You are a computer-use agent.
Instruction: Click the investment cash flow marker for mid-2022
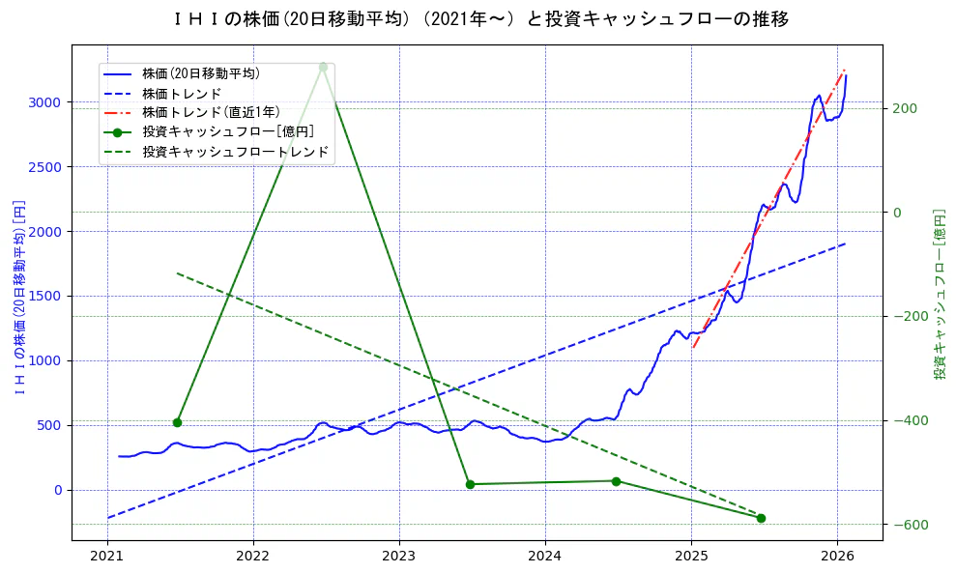coord(323,67)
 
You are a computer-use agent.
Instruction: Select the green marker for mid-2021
coord(177,422)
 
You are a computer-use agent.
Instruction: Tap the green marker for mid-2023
coord(470,484)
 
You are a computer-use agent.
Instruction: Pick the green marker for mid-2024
coord(616,481)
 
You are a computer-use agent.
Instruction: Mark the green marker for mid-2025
coord(761,518)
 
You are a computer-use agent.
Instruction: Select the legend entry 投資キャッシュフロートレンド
coord(235,152)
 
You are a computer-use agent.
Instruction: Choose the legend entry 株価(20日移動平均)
coord(200,72)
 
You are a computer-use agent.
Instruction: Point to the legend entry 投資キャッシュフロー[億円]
coord(227,131)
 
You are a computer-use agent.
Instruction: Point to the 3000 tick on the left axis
coord(44,102)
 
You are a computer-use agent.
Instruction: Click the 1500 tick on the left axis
coord(44,296)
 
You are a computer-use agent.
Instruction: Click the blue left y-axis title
coord(18,297)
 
